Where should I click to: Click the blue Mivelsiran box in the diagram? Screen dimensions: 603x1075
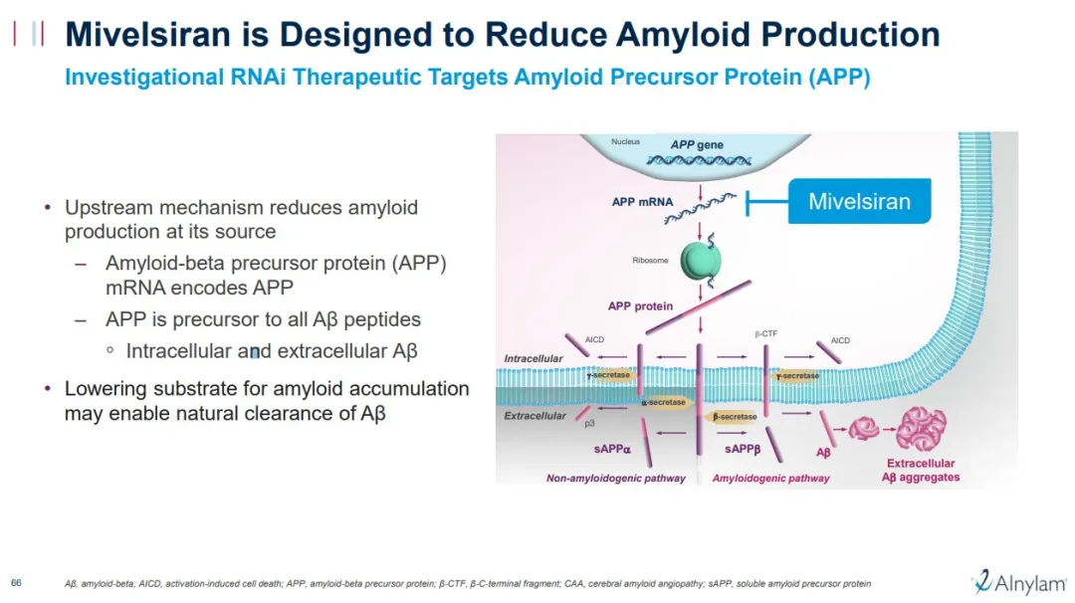[859, 201]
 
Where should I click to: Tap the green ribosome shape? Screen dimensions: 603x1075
[701, 260]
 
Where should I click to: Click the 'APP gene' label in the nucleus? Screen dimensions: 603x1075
[697, 145]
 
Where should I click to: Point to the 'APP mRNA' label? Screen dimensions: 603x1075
[642, 202]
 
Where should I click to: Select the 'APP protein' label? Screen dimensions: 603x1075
[640, 306]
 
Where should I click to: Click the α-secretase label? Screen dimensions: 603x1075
[664, 402]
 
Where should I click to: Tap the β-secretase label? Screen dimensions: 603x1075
[735, 417]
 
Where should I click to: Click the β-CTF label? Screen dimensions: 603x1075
[765, 334]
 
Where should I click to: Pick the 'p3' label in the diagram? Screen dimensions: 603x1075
[589, 423]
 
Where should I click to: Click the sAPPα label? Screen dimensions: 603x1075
[613, 450]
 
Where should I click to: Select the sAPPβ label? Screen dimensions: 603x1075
[743, 450]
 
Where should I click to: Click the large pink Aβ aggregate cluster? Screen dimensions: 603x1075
[921, 429]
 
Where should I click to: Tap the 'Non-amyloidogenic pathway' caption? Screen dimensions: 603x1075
[615, 479]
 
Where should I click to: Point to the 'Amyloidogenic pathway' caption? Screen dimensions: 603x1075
[770, 479]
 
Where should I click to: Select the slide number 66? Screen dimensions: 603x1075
[16, 582]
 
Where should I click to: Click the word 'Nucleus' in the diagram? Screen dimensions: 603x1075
[625, 142]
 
